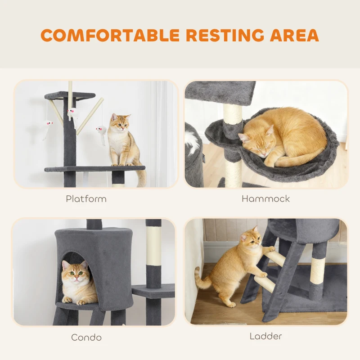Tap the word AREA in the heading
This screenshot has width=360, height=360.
(x=295, y=35)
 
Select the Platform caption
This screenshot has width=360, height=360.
(x=86, y=198)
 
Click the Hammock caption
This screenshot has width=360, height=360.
(x=265, y=198)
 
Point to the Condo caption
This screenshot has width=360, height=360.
(x=86, y=337)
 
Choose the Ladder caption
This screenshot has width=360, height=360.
(x=265, y=336)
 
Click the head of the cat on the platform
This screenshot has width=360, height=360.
(x=120, y=122)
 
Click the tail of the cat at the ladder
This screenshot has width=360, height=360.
(x=200, y=279)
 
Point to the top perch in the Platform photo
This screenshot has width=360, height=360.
(x=70, y=95)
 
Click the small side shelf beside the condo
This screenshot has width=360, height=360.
(x=153, y=291)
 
